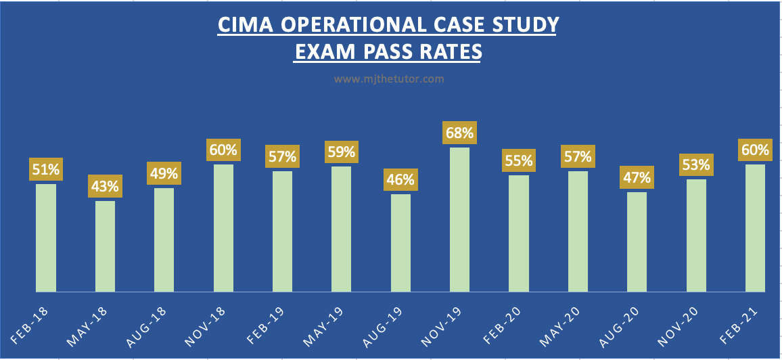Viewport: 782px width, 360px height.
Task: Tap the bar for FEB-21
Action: (x=755, y=227)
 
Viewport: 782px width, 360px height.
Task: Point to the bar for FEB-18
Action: (x=46, y=238)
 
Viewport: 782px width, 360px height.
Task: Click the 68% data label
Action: (x=459, y=132)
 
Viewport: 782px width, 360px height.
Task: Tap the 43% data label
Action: (x=105, y=185)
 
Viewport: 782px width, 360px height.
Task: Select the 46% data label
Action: (x=400, y=180)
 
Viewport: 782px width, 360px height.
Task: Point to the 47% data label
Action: (x=637, y=177)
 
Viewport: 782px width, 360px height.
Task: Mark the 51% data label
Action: (x=46, y=169)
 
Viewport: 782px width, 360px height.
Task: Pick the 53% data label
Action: (x=696, y=164)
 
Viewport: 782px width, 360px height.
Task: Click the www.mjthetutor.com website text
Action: (x=389, y=79)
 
